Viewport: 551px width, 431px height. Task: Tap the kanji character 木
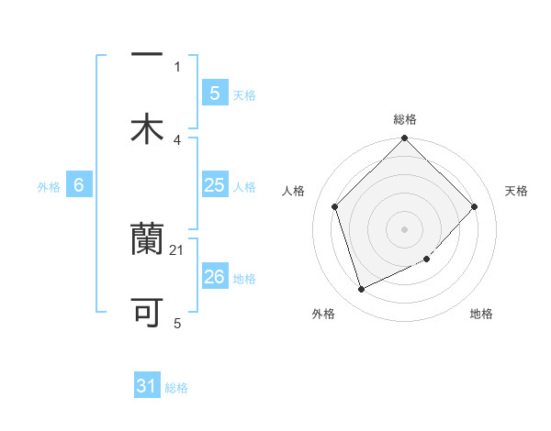tap(147, 129)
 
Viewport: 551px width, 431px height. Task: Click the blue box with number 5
tap(214, 93)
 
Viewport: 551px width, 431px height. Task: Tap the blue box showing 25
tap(214, 185)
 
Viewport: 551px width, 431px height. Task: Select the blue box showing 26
tap(214, 277)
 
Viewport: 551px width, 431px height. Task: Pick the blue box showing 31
tap(147, 386)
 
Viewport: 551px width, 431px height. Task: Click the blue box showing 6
tap(79, 185)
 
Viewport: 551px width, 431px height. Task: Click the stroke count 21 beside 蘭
tap(177, 249)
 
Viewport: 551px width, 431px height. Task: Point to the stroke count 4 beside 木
tap(177, 139)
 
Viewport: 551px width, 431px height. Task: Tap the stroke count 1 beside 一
tap(177, 66)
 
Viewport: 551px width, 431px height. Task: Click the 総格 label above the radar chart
tap(405, 119)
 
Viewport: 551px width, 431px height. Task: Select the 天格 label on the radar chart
tap(516, 191)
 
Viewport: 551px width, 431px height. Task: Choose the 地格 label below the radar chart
tap(481, 315)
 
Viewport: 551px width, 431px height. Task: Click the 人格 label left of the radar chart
tap(294, 191)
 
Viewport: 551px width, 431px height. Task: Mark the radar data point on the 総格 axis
tap(405, 139)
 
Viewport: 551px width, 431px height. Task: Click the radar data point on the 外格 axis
tap(361, 290)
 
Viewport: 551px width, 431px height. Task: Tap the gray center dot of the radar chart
tap(405, 228)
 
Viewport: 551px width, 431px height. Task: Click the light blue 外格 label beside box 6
tap(49, 186)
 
